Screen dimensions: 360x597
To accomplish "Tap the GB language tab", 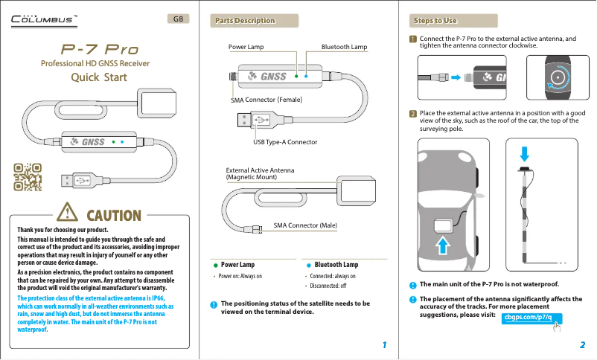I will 178,19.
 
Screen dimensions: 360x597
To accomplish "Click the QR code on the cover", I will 28,177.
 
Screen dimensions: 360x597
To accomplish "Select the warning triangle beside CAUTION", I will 68,215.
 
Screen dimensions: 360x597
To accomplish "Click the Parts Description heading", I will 245,20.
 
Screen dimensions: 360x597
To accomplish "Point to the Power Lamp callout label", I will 246,47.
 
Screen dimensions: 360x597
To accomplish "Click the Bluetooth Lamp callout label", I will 344,47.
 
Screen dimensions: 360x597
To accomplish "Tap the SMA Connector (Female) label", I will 266,99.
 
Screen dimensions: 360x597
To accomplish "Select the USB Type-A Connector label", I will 285,141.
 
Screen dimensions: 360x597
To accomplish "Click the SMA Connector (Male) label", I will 305,225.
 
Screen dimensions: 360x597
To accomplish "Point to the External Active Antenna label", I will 260,173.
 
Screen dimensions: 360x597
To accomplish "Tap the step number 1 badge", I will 412,39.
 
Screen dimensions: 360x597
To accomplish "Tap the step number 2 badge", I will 412,114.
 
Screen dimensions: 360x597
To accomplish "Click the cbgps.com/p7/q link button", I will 531,318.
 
